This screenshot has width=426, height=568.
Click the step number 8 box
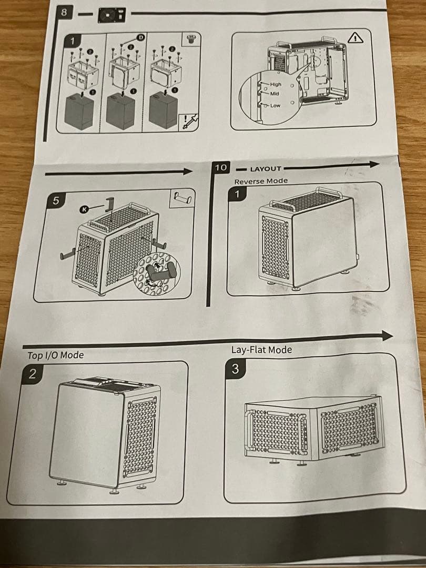64,12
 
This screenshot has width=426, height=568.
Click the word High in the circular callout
276,84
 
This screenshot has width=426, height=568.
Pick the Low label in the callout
275,105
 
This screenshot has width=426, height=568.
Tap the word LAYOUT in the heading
266,169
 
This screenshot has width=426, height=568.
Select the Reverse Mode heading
261,181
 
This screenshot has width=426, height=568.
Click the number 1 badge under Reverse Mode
237,194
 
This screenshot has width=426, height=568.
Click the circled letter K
83,209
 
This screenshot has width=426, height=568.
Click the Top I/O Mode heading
55,355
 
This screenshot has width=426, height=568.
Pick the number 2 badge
33,374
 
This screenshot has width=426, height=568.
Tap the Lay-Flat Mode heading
261,349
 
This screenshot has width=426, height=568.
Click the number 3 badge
235,369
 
